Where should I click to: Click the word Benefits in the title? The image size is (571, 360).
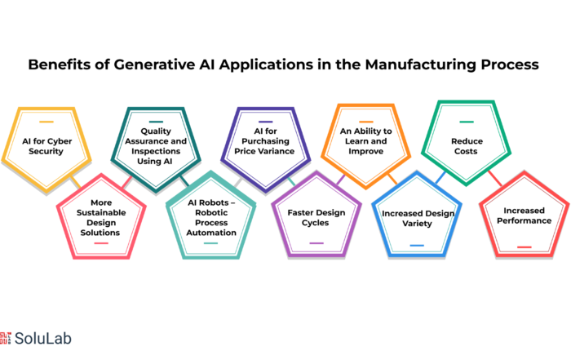pyautogui.click(x=60, y=64)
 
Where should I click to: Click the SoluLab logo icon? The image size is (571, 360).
pyautogui.click(x=6, y=338)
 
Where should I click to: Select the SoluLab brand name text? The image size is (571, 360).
pyautogui.click(x=43, y=339)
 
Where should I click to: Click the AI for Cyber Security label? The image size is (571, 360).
pyautogui.click(x=46, y=146)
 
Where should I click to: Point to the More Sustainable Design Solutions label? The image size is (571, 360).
pyautogui.click(x=101, y=217)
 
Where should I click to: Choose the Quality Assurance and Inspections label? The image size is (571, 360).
pyautogui.click(x=156, y=146)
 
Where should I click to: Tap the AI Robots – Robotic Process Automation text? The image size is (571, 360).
pyautogui.click(x=211, y=217)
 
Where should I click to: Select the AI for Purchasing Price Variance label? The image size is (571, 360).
pyautogui.click(x=265, y=141)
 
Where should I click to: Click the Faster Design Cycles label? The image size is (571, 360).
pyautogui.click(x=316, y=217)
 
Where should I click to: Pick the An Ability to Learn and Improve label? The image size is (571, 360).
pyautogui.click(x=366, y=141)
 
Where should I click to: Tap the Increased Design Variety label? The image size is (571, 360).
pyautogui.click(x=418, y=218)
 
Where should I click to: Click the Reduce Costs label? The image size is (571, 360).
pyautogui.click(x=467, y=146)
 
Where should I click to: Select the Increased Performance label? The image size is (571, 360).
pyautogui.click(x=524, y=216)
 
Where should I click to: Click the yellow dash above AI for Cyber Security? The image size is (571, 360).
pyautogui.click(x=46, y=122)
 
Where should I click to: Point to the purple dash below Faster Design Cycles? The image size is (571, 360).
pyautogui.click(x=316, y=243)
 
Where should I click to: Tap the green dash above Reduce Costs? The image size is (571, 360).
pyautogui.click(x=467, y=122)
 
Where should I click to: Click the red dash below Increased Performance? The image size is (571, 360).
pyautogui.click(x=525, y=247)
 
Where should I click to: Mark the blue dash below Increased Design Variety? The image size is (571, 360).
pyautogui.click(x=417, y=245)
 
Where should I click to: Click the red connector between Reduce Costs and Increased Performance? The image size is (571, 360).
pyautogui.click(x=495, y=178)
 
